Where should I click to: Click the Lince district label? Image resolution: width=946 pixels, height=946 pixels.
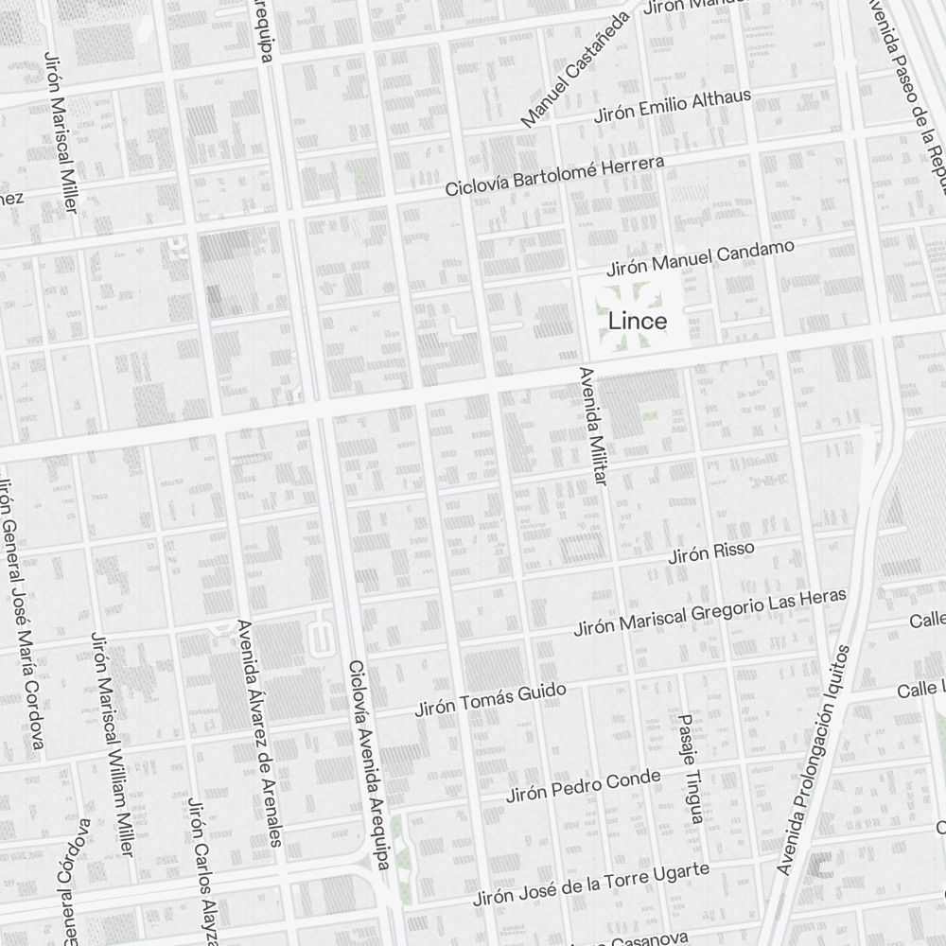click(638, 321)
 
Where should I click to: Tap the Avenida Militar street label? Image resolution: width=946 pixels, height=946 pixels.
click(590, 427)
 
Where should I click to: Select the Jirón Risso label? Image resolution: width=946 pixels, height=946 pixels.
click(711, 552)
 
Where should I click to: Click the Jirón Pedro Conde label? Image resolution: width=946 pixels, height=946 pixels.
click(583, 786)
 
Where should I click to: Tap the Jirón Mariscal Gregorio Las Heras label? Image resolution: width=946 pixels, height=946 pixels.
click(710, 611)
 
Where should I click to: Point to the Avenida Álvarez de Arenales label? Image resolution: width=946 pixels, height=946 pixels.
click(260, 733)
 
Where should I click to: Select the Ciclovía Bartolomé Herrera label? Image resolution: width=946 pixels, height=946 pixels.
click(555, 177)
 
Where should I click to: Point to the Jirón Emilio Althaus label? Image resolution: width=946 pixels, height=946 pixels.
click(672, 107)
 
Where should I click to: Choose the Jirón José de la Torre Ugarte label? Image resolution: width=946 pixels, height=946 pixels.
click(591, 885)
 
